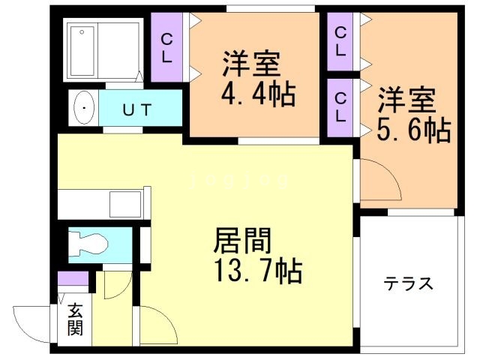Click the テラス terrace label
(x=409, y=283)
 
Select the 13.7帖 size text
(x=248, y=270)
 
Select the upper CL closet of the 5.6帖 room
(x=340, y=42)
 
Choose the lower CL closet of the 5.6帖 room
(x=340, y=107)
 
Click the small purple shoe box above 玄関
(x=73, y=280)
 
